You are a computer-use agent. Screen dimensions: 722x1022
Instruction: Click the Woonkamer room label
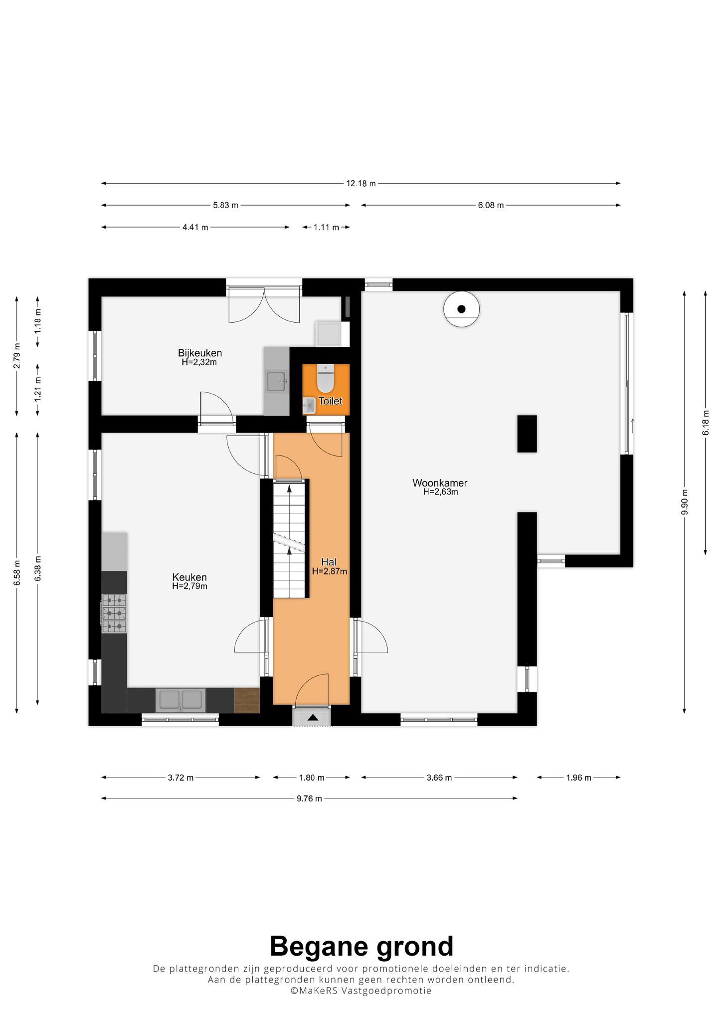point(440,483)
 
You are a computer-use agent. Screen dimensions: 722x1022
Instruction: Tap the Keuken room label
point(189,577)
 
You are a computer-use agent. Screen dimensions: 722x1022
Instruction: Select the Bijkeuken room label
point(199,353)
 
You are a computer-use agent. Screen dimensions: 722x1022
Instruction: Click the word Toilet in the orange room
point(331,401)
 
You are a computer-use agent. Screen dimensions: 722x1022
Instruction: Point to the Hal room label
point(329,562)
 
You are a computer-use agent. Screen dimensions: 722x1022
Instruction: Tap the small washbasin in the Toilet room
point(309,405)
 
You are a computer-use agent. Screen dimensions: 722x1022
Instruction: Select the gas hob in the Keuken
point(114,613)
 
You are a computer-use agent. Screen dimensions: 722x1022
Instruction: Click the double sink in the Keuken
point(180,700)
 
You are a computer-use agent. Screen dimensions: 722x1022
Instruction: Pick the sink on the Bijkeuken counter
point(276,382)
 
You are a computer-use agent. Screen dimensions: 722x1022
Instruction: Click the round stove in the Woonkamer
point(462,309)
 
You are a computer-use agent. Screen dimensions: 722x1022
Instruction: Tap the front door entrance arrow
point(313,718)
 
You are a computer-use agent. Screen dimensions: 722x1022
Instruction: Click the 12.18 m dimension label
point(361,184)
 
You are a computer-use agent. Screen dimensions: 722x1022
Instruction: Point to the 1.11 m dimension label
point(326,228)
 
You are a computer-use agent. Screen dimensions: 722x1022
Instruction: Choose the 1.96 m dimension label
point(578,777)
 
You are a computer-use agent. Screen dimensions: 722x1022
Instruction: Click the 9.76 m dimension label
point(309,798)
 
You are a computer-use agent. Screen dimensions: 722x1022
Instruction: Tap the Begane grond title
point(361,947)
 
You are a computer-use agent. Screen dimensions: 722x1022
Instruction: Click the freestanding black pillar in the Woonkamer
point(527,434)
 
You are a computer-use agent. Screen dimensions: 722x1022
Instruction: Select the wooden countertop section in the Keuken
point(247,700)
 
